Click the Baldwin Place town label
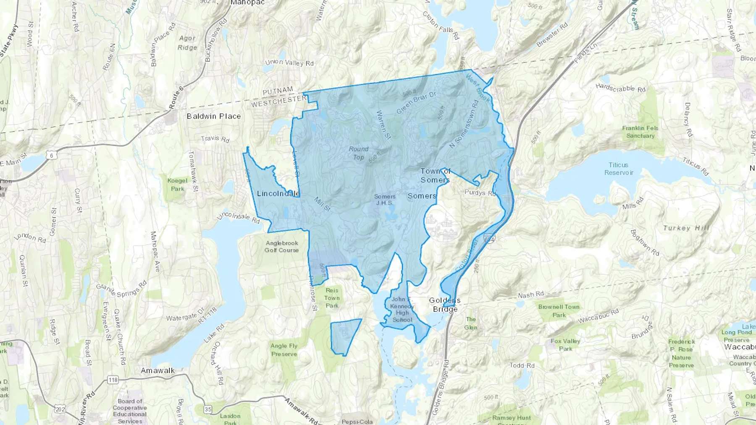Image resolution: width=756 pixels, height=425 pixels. pos(213,116)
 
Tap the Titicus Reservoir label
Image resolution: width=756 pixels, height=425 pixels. pos(618,169)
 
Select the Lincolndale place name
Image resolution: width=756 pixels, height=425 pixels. pos(278,193)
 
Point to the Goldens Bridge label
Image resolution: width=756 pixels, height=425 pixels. pos(445,305)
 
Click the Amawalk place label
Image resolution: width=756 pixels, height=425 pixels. pos(157,370)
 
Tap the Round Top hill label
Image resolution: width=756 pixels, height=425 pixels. pos(358,153)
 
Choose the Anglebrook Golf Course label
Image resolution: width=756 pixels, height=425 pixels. pos(281,246)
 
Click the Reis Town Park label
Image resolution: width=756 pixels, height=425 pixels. pos(332,298)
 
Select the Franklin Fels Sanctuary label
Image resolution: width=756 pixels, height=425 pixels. pos(640,132)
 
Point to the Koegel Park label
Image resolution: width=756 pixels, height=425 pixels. pos(177,185)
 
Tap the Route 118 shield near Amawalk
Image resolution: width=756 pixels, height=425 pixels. pos(113,380)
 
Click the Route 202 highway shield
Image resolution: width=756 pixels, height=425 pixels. pos(60,409)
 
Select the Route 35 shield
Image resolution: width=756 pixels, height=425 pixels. pos(208,409)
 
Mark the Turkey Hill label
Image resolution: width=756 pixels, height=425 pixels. pos(686,228)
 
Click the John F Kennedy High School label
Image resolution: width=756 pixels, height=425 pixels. pos(402,309)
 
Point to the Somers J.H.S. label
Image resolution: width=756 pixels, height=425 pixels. pos(385,199)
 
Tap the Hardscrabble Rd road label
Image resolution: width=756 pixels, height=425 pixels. pos(620,88)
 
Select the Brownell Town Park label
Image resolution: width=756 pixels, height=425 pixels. pos(559,310)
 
